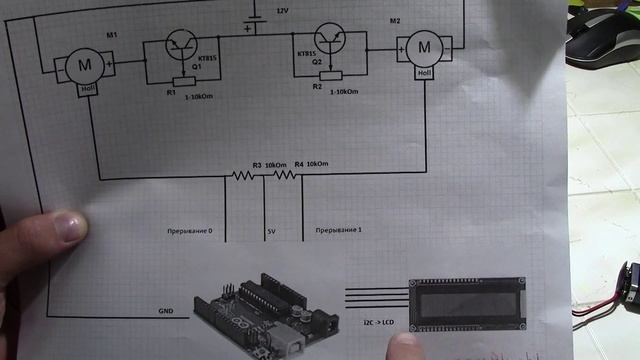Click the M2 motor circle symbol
[423, 47]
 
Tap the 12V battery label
[282, 9]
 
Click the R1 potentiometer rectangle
[182, 82]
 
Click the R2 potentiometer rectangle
[329, 75]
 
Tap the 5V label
[269, 234]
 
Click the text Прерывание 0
[194, 233]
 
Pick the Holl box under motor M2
[423, 72]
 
